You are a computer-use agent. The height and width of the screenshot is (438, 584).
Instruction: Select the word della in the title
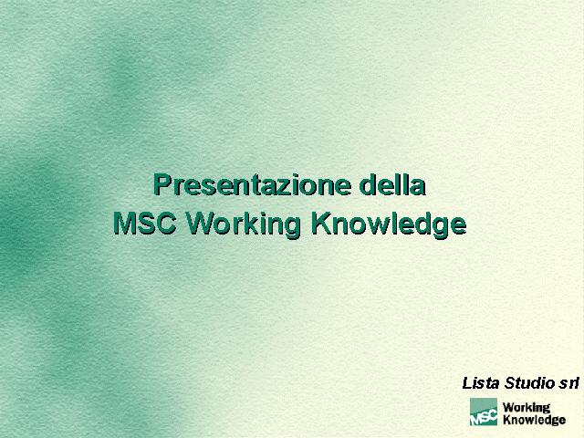click(392, 183)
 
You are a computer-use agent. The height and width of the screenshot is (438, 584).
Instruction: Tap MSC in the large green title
click(144, 223)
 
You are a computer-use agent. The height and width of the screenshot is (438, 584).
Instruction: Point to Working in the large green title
click(243, 224)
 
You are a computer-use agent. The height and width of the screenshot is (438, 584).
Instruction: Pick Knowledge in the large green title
click(389, 224)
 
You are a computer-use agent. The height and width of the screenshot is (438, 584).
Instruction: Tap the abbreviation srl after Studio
click(568, 383)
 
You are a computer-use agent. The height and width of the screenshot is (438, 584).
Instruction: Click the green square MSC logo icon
click(484, 412)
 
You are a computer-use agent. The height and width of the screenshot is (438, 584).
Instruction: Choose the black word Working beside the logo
click(527, 408)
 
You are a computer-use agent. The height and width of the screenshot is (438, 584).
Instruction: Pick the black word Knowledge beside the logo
click(534, 420)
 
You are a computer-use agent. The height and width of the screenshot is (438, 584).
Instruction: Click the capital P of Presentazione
click(162, 184)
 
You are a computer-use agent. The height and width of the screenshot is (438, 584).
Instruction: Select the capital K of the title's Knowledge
click(321, 223)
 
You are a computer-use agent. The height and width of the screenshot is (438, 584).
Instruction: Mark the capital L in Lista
click(467, 383)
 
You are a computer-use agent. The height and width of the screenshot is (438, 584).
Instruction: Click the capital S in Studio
click(509, 383)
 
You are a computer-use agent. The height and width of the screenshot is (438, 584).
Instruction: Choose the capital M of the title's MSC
click(124, 223)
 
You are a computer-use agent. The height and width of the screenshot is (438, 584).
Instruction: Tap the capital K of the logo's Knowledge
click(506, 420)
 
